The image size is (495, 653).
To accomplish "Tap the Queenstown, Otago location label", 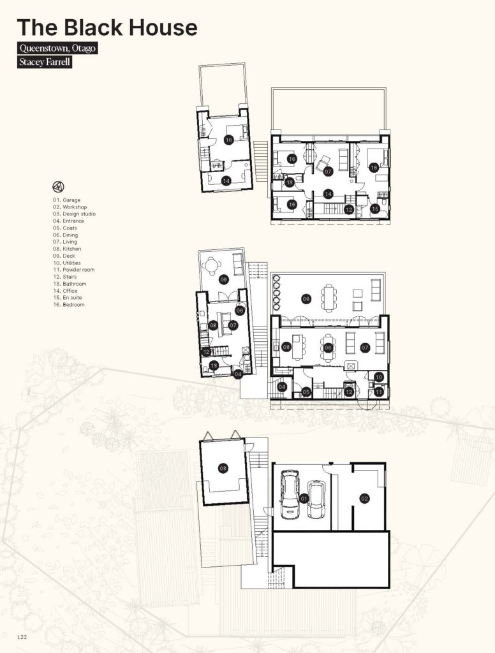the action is [x=57, y=48].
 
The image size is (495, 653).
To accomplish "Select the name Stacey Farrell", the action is [x=45, y=62].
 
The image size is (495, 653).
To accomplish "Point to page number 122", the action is [x=22, y=637].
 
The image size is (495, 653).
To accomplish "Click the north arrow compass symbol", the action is [x=58, y=187].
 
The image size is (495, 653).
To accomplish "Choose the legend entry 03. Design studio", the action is [x=74, y=214].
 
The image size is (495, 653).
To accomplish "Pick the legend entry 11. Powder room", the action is [x=74, y=270].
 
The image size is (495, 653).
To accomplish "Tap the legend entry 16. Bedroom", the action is [x=69, y=305].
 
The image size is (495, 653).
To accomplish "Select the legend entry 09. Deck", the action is [x=64, y=256].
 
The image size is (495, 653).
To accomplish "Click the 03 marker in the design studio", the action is [x=223, y=469].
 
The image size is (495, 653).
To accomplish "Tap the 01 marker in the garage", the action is [x=304, y=499].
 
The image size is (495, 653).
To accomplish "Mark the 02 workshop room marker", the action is [x=365, y=499].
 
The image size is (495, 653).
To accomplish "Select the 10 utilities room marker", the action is [x=379, y=378].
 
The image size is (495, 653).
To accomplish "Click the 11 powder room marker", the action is [x=379, y=392].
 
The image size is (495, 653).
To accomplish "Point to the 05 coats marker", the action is [x=306, y=392].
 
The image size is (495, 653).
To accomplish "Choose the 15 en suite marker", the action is [x=375, y=209].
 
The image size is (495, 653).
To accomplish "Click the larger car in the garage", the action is [x=290, y=494].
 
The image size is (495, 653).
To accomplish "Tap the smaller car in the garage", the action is [x=316, y=499].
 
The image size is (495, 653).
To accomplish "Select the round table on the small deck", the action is [x=212, y=264].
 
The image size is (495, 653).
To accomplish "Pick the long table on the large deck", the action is [x=329, y=298].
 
